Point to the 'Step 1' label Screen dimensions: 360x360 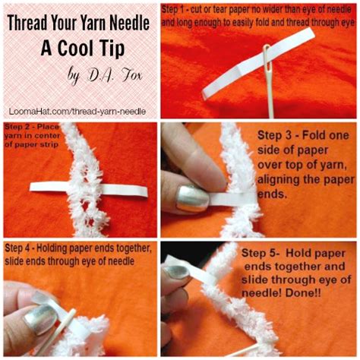point(180,8)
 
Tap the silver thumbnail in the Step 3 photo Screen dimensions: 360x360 point(191,198)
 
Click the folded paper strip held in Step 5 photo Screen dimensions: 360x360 point(182,276)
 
